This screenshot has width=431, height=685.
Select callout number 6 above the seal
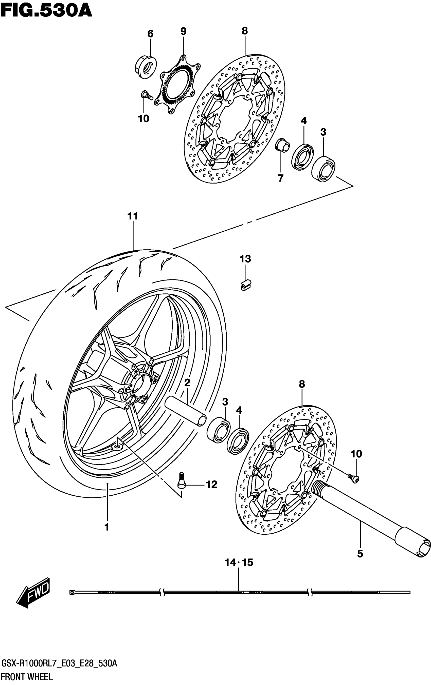pos(150,34)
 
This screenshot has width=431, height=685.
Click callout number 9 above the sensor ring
pos(183,31)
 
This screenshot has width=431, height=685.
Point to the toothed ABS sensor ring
pos(175,85)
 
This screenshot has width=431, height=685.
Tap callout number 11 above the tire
pos(133,216)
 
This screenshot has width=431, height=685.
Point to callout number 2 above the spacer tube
pos(187,382)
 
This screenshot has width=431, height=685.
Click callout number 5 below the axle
pos(360,554)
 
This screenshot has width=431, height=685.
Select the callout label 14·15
pos(239,563)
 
